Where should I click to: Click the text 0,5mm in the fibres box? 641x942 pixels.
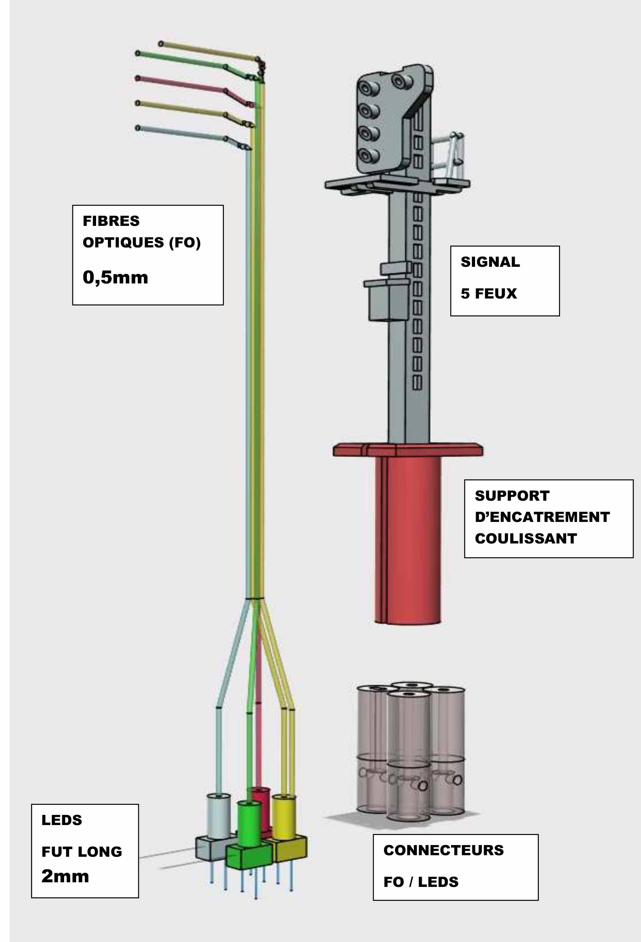click(115, 278)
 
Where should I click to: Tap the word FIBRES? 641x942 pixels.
click(111, 221)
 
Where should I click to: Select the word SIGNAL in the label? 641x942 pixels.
click(490, 262)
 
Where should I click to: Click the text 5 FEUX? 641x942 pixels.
click(489, 294)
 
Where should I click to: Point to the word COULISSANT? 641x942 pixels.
click(526, 539)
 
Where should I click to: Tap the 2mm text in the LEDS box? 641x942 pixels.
click(65, 876)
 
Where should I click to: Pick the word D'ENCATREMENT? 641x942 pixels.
click(542, 517)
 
